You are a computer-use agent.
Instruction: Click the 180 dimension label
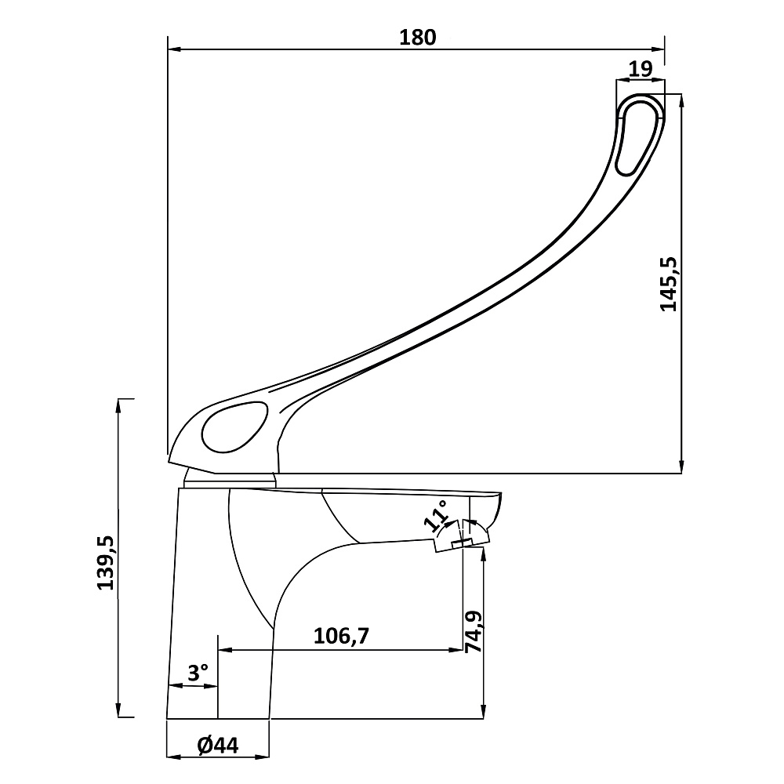click(418, 38)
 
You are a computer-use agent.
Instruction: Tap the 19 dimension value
click(641, 68)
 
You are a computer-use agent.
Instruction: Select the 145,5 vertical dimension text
click(669, 284)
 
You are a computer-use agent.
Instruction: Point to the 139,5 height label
click(107, 562)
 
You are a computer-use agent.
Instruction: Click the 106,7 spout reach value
click(341, 636)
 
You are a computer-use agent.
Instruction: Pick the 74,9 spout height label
click(473, 631)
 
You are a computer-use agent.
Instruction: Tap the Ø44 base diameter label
click(218, 746)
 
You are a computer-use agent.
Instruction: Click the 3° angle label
click(198, 673)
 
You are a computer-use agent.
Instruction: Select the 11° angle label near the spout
click(435, 515)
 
